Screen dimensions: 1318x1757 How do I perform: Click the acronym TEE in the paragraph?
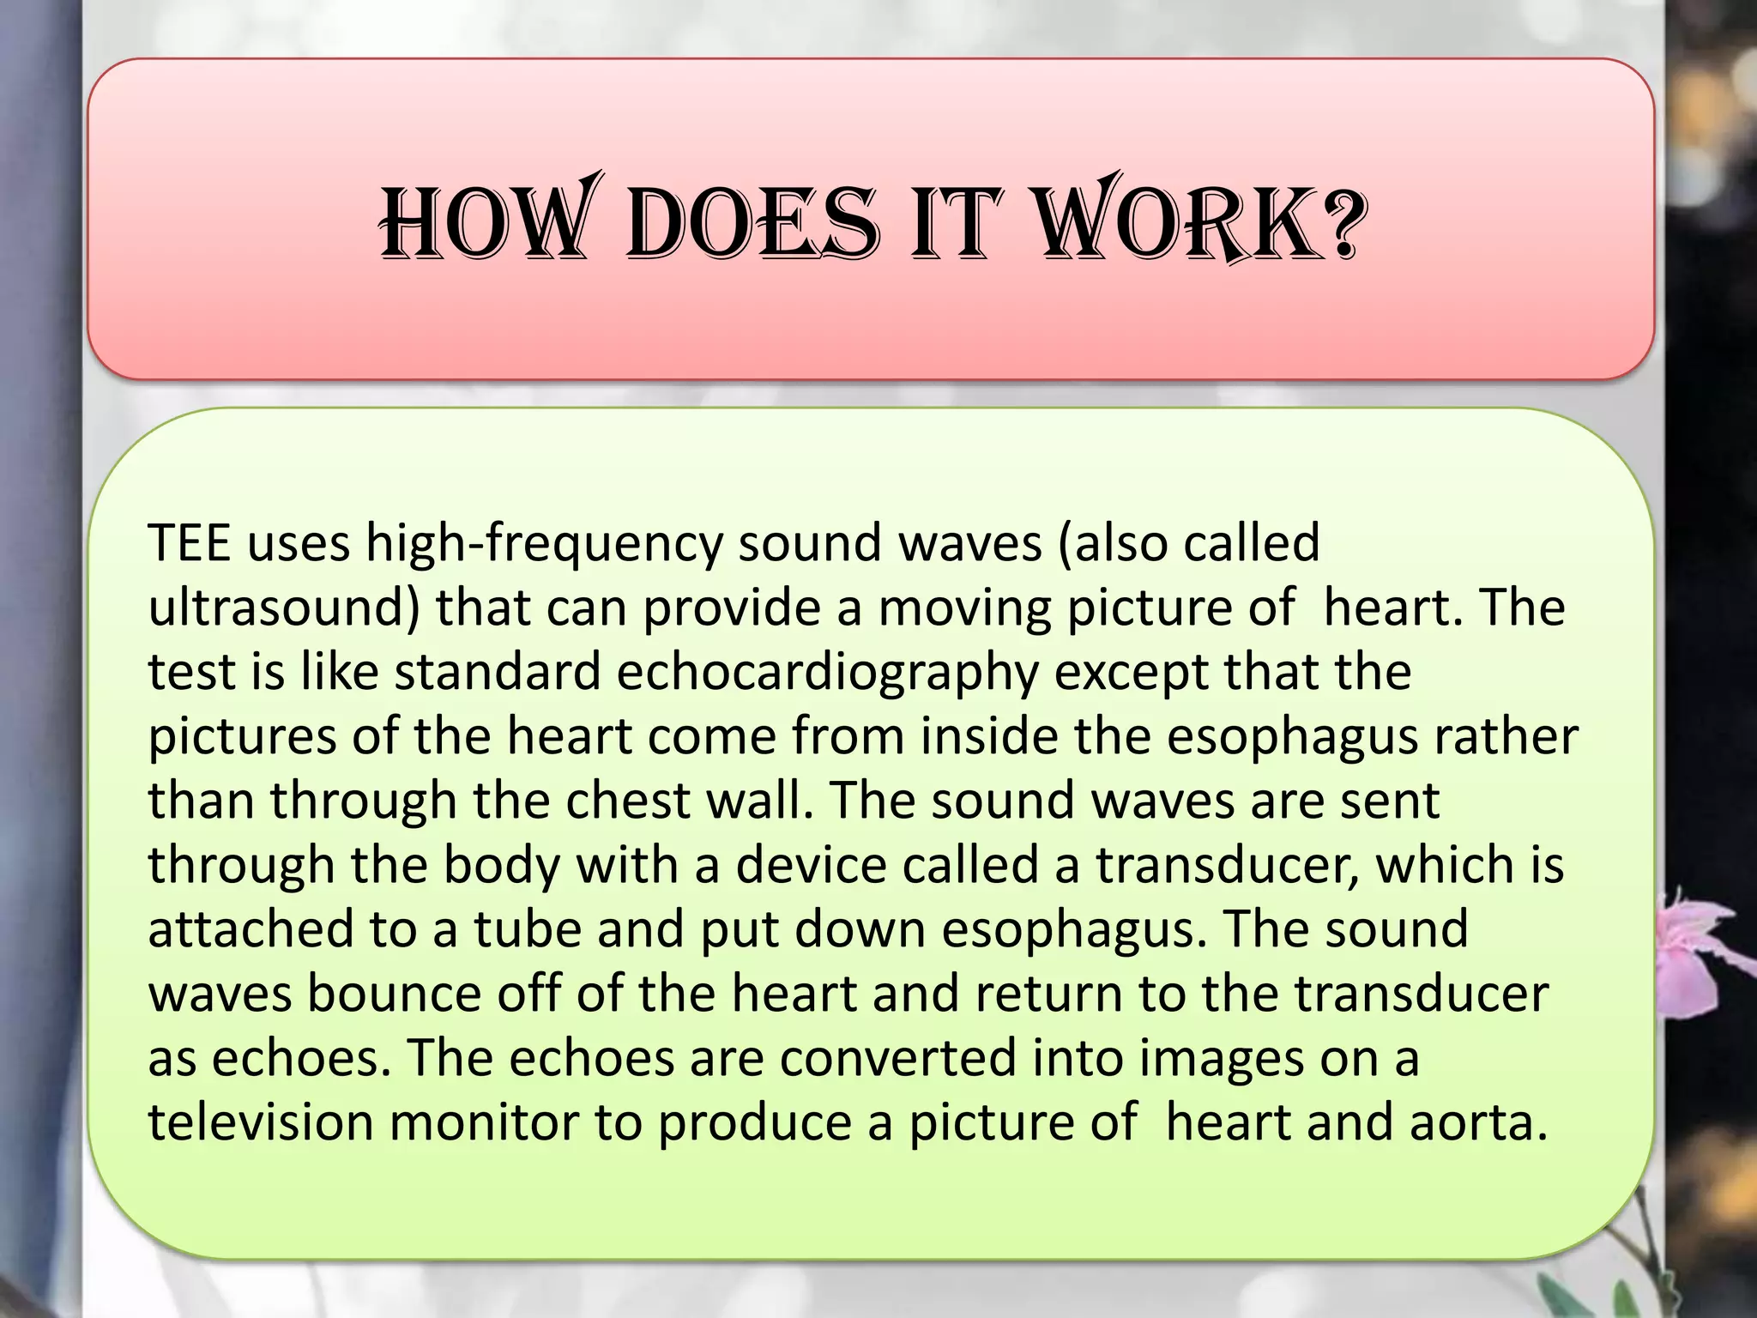tap(190, 543)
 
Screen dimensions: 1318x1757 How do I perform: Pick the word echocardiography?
tap(827, 673)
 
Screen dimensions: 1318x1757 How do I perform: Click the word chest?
tap(627, 801)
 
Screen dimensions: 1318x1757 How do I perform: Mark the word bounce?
tap(394, 994)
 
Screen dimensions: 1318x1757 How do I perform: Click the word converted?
tap(897, 1058)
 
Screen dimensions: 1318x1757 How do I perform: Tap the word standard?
tap(498, 672)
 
